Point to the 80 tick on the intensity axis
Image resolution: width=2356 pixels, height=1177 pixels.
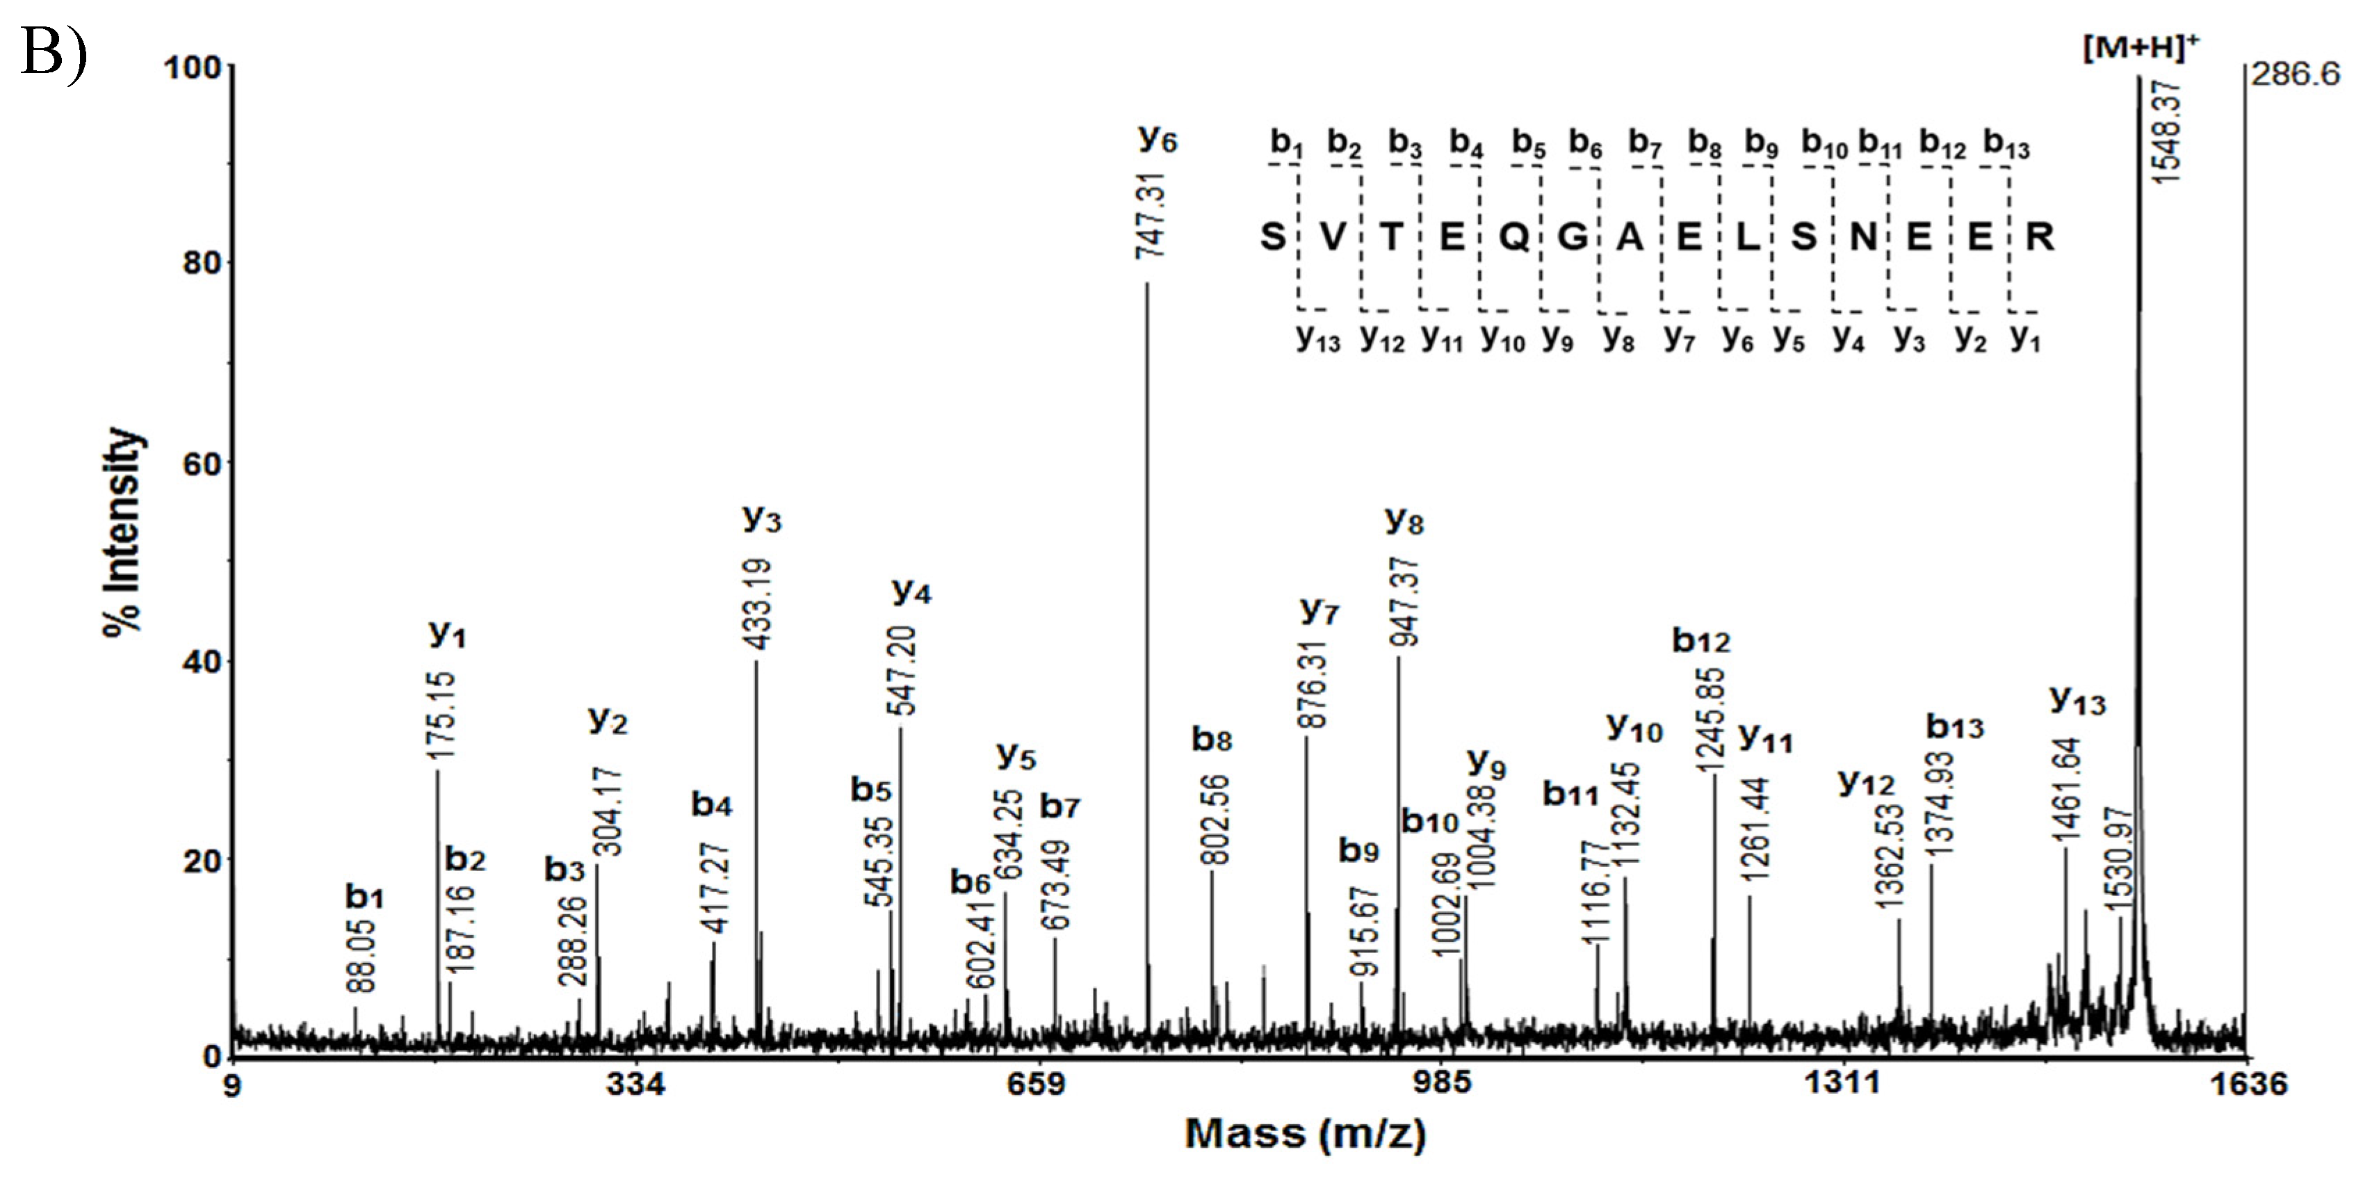(202, 263)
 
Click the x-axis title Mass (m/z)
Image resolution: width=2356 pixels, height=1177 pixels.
(1305, 1134)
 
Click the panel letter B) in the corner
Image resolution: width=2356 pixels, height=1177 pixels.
(53, 52)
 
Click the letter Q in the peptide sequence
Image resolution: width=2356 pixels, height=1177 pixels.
(1513, 238)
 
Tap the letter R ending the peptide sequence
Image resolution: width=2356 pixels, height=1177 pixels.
(2040, 238)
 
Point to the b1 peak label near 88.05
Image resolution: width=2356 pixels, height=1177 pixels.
(364, 897)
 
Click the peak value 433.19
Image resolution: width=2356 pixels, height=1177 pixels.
(760, 605)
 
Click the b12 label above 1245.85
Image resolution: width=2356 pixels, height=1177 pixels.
(1700, 641)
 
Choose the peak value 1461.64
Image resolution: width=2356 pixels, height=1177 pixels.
(2068, 788)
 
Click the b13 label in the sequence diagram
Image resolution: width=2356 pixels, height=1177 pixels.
(2006, 145)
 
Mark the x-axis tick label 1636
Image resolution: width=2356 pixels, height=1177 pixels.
(2248, 1084)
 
